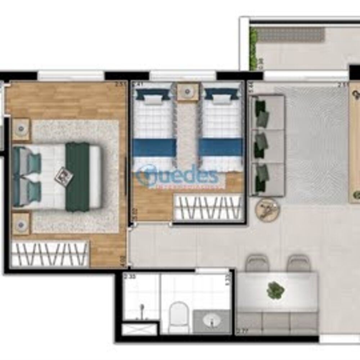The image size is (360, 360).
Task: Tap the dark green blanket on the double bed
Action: (77, 176)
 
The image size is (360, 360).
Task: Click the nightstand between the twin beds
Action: (187, 91)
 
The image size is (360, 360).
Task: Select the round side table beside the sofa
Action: (267, 209)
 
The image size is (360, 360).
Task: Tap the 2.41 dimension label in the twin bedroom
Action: (138, 85)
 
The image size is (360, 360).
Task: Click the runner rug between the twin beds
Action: (187, 133)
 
